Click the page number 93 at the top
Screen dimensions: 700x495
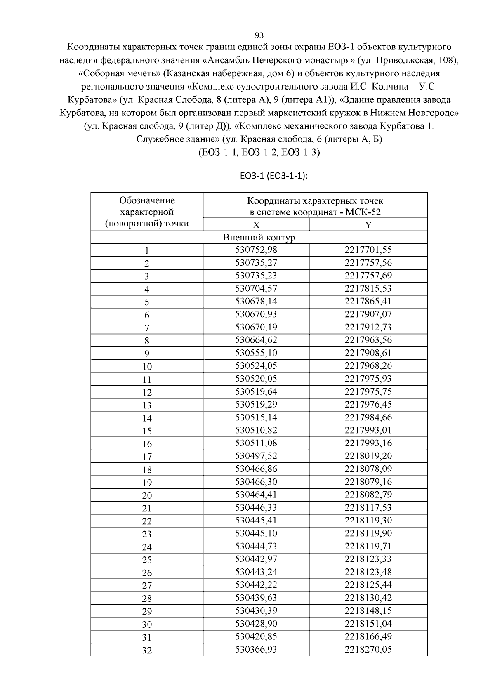(x=259, y=35)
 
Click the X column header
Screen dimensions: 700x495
(x=256, y=225)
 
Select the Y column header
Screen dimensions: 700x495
(x=368, y=225)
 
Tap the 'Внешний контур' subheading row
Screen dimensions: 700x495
(x=259, y=238)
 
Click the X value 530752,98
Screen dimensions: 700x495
(x=256, y=250)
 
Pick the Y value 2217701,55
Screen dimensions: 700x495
(x=368, y=250)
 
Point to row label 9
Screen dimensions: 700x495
(x=147, y=354)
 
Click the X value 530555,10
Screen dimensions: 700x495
(x=256, y=353)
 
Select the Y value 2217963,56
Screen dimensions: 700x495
(x=368, y=340)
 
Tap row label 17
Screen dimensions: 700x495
(x=147, y=457)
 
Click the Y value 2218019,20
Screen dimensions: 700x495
(x=368, y=456)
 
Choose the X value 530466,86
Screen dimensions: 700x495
(x=256, y=469)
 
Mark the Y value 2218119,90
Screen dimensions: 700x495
(x=368, y=533)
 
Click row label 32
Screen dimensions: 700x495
(x=147, y=651)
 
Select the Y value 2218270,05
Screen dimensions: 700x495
(x=368, y=649)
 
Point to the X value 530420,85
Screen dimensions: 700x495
(x=256, y=636)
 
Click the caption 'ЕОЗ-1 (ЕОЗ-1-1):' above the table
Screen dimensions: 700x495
(x=274, y=176)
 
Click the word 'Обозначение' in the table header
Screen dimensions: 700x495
(x=147, y=200)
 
